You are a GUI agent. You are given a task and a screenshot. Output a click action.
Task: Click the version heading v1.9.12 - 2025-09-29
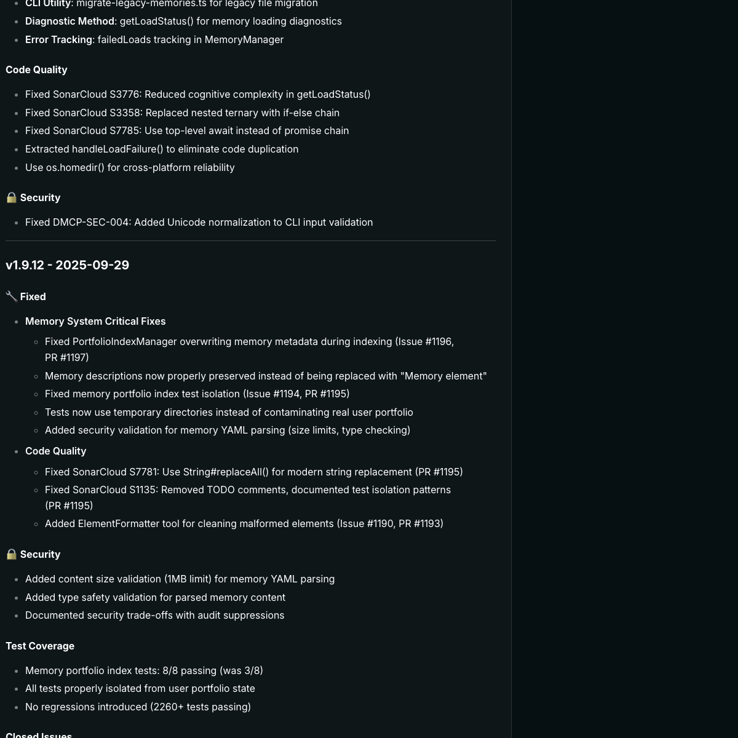point(67,265)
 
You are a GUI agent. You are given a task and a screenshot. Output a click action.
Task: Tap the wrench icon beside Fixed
point(11,296)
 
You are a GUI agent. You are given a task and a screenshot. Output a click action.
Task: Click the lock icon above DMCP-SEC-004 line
point(11,197)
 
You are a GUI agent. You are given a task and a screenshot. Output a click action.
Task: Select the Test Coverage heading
point(40,646)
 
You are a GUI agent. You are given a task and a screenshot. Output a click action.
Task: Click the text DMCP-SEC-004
point(92,222)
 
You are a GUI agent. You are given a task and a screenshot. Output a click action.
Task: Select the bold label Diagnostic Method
point(69,21)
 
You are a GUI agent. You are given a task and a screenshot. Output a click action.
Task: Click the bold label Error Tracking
point(58,39)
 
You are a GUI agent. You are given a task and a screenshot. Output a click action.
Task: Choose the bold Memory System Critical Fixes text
point(95,321)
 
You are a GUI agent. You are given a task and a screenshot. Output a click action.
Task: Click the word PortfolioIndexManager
point(125,341)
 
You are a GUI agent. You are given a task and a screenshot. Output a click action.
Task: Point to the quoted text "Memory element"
point(444,376)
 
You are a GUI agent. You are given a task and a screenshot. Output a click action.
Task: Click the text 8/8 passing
point(190,670)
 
